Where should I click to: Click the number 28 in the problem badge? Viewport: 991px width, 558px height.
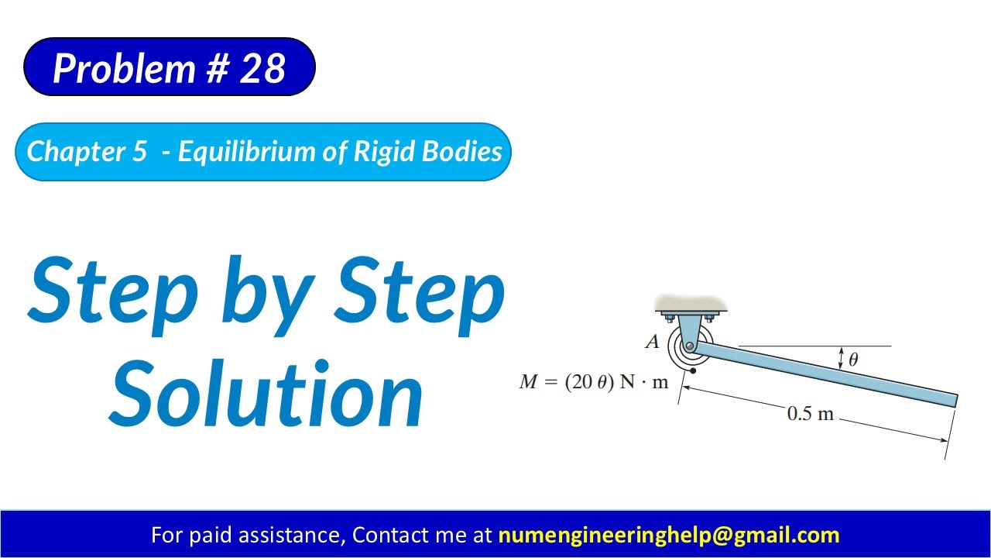pos(263,68)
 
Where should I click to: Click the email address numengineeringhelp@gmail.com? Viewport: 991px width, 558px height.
pos(668,535)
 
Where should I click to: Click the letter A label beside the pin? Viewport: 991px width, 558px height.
pos(652,342)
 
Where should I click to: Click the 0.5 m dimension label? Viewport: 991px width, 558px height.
pos(810,414)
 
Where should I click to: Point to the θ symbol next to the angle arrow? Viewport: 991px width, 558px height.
pos(853,360)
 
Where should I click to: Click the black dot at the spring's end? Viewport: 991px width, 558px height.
pos(693,371)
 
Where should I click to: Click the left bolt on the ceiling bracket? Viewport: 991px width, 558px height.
pos(670,318)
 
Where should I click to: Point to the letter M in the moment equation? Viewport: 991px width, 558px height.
pos(529,382)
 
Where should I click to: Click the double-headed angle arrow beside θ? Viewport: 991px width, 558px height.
pos(841,357)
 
